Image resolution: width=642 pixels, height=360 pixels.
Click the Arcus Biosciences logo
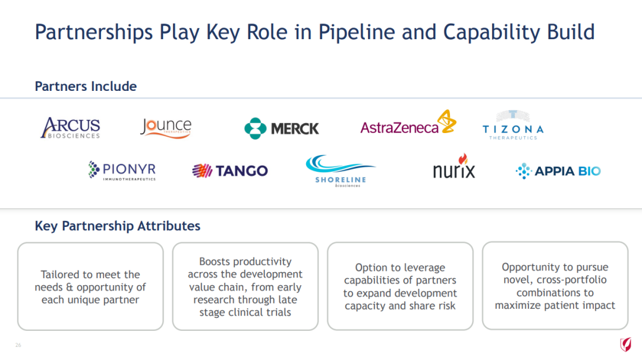tap(70, 128)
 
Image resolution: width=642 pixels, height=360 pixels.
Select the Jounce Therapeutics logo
tap(166, 128)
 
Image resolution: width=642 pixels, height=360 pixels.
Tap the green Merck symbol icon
tap(255, 128)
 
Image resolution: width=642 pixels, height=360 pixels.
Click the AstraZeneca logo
tap(408, 122)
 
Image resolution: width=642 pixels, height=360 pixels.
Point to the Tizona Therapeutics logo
tap(513, 125)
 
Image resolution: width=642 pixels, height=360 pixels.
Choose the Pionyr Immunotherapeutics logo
tap(122, 170)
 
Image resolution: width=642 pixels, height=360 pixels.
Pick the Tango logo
tap(230, 170)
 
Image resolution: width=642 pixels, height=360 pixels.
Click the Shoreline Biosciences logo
tap(341, 171)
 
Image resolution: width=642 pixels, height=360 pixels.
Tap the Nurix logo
tap(454, 166)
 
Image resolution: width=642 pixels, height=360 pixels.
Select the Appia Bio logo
tap(558, 171)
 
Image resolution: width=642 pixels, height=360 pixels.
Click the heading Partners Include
tap(86, 86)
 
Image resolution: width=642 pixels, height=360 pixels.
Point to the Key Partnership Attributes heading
tap(118, 226)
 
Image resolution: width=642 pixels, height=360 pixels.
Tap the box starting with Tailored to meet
tap(90, 286)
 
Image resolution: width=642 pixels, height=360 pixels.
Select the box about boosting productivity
tap(246, 286)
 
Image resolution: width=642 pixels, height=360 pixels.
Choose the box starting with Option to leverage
tap(400, 286)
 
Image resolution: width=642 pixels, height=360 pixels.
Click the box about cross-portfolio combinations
tap(555, 286)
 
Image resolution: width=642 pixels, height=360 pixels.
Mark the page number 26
tap(18, 345)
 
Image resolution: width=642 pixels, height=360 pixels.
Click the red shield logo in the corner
tap(625, 345)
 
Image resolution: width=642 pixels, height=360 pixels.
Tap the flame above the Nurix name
tap(463, 159)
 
